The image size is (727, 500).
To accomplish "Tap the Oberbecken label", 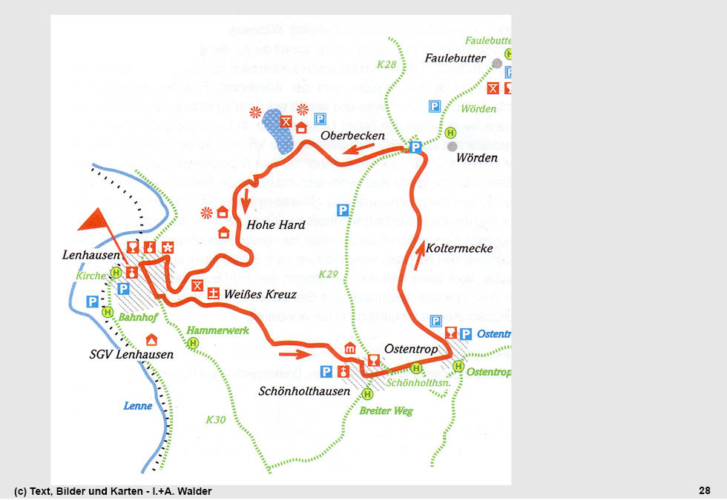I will [x=352, y=136].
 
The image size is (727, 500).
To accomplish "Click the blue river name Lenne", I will [x=138, y=406].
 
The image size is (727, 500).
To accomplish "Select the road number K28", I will [x=386, y=64].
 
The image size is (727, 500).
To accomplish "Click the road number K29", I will [x=328, y=275].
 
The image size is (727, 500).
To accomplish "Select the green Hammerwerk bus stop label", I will [x=218, y=330].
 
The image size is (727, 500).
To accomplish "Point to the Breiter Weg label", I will [x=386, y=411].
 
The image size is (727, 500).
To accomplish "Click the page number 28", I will [x=704, y=490].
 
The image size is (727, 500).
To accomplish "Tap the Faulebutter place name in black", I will [x=455, y=58].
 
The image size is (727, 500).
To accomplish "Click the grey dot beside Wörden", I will [x=452, y=146].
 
